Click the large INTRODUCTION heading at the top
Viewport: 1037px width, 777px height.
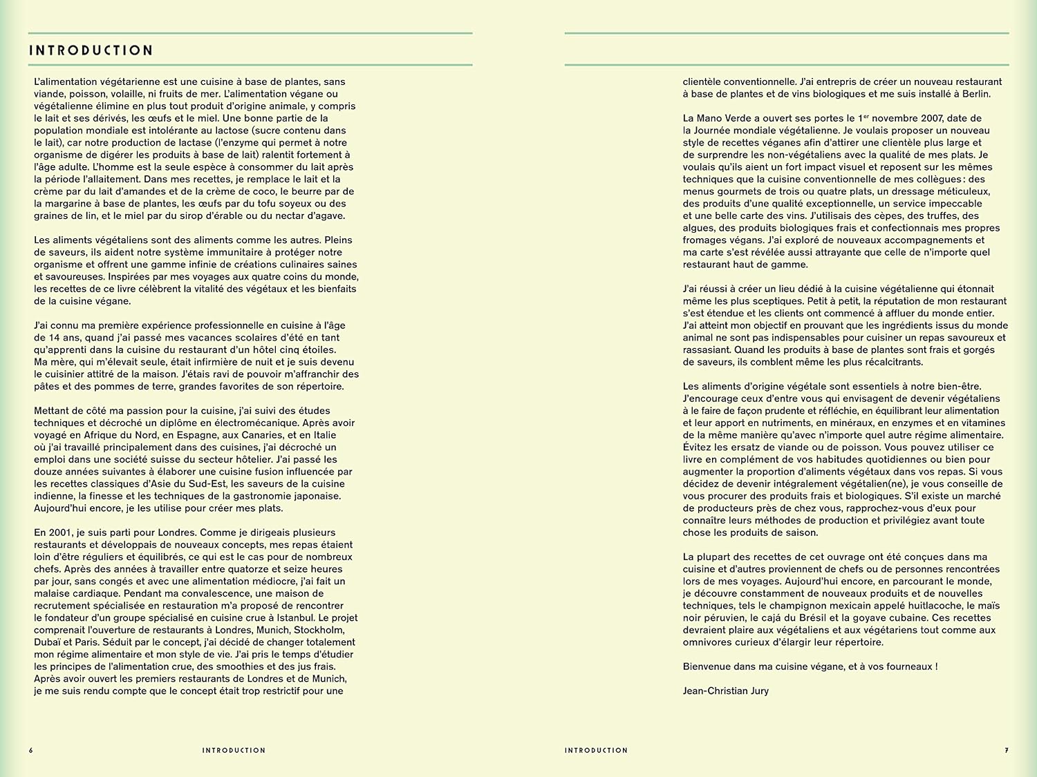click(91, 50)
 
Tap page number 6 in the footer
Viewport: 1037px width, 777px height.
click(30, 750)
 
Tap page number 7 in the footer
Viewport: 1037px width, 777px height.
click(1007, 750)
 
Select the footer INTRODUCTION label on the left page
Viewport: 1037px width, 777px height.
click(234, 750)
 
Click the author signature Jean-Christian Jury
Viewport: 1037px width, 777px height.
click(725, 691)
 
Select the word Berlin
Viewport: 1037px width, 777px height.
click(973, 94)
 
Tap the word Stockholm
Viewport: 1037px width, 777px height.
click(319, 630)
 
